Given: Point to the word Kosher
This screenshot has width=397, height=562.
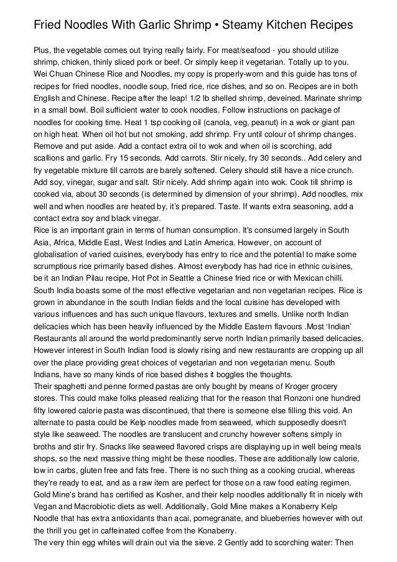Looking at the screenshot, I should [142, 499].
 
